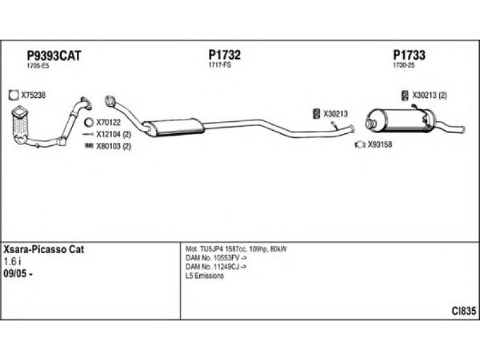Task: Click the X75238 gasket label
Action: [x=33, y=95]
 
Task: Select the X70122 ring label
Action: [x=109, y=122]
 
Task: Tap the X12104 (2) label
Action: [x=113, y=134]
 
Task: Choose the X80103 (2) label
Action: [x=113, y=146]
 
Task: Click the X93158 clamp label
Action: [x=379, y=144]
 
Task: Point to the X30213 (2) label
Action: [x=429, y=95]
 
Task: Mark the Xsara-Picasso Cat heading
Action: [x=44, y=249]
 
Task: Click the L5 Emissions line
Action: [x=205, y=276]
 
